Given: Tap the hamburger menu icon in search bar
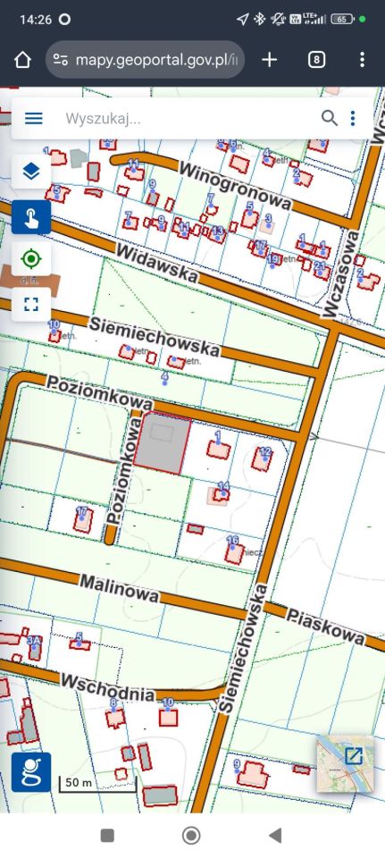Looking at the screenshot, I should (x=34, y=118).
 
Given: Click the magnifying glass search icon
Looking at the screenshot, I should (x=330, y=118).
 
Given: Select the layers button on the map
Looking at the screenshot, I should (x=31, y=172).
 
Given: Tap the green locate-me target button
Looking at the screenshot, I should (x=31, y=259).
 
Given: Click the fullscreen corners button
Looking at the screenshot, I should (x=31, y=303).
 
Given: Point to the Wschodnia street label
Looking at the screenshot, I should (x=107, y=687).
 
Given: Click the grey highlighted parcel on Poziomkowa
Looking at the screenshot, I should (x=163, y=442).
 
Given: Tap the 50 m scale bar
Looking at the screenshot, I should (x=77, y=784).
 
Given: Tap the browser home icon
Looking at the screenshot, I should (x=23, y=60).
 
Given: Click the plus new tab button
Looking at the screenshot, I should (x=269, y=60).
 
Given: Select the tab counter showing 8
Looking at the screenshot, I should (x=316, y=60).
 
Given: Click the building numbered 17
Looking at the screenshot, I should (x=83, y=521).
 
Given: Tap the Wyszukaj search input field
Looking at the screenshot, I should (x=179, y=118).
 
